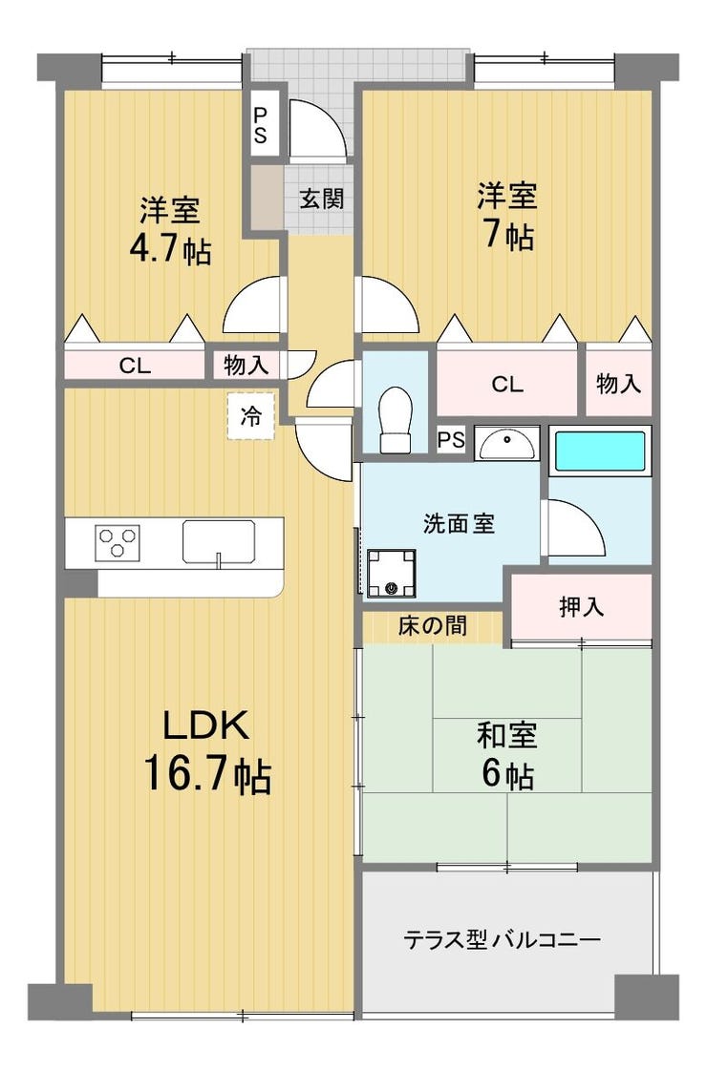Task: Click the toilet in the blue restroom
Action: point(396,419)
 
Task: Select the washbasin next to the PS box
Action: point(507,443)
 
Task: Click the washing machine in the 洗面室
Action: point(391,573)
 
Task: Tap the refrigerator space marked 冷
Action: point(251,416)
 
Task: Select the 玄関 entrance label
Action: point(321,199)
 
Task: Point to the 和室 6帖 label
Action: point(506,755)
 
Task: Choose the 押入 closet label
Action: point(581,605)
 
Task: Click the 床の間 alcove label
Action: point(433,624)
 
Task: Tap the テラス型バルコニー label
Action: point(503,940)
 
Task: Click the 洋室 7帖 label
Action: point(506,215)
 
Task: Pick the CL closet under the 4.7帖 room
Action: point(135,366)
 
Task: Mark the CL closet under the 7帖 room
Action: point(507,383)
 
